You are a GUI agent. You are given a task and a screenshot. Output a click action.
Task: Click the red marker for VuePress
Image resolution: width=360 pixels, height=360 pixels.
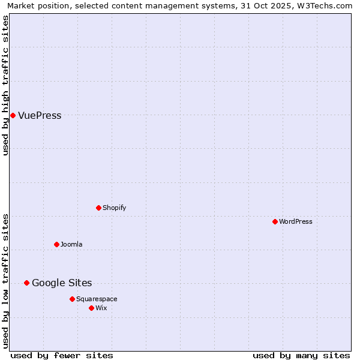pos(13,115)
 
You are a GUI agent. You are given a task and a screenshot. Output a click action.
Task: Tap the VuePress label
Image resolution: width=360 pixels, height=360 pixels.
pos(40,116)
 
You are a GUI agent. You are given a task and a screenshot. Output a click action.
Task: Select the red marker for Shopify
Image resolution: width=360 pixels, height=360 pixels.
pos(98,208)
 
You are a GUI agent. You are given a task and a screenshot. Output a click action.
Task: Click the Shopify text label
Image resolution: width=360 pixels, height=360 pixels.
pos(114,208)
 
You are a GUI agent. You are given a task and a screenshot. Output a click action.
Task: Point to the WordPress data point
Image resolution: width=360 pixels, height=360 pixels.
pos(275,221)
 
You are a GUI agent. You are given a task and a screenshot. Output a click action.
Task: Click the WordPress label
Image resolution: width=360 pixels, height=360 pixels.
pos(296,222)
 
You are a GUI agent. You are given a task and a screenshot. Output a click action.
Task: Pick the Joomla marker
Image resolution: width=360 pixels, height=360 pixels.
pos(56,244)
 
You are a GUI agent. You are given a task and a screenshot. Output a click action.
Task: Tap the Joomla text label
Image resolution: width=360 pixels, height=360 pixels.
pos(71,245)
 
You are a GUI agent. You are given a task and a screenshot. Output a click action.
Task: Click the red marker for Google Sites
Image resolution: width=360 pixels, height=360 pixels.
pos(26,283)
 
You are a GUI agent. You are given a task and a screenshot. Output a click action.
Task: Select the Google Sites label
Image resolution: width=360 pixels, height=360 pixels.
pos(62,283)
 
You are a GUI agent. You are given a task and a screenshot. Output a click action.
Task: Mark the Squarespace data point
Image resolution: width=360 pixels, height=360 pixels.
pos(72,299)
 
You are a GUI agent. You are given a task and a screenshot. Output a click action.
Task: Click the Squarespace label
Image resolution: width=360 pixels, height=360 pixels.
pos(97,299)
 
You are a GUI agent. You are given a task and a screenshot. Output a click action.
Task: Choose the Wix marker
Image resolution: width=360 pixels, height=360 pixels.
pos(91,308)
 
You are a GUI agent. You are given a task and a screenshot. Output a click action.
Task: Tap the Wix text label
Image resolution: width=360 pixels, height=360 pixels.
pos(101,308)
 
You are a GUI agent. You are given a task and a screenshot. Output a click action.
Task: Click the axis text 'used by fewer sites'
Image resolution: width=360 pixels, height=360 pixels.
pos(62,355)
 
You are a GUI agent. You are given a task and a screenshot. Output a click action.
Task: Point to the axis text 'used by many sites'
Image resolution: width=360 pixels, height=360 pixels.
pos(301,355)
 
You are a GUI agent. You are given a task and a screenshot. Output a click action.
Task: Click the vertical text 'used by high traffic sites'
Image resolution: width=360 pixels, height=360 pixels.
pos(5,85)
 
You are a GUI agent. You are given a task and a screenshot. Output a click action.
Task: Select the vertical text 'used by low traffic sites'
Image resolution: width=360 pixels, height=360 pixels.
pos(5,281)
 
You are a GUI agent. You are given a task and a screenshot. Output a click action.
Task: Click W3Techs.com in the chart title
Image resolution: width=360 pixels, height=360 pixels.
pos(327,5)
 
